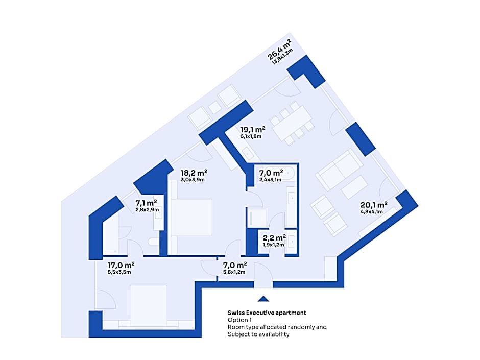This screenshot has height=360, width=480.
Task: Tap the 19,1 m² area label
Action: pos(252,130)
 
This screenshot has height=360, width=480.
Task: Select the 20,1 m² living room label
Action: pos(373,205)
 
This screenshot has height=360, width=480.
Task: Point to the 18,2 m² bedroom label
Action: pos(194,173)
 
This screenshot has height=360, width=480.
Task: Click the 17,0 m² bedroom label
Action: pos(121,265)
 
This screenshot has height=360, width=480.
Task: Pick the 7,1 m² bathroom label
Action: pos(146,203)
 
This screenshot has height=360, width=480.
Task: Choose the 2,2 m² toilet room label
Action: pos(274,238)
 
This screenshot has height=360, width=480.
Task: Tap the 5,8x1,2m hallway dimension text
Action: pos(234,272)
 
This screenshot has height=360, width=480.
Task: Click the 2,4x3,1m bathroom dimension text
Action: pos(270,180)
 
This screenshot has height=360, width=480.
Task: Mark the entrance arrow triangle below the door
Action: pos(263,299)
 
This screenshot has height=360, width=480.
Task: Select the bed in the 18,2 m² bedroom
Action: pos(191,217)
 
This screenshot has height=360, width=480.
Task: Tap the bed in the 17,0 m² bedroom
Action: pos(149,305)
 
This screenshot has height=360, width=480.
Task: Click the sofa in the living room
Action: pos(339,170)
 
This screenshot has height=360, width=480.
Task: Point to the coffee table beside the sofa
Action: pos(354,187)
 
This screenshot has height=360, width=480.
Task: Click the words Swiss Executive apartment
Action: pos(267,313)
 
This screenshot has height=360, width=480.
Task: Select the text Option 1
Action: pos(239,320)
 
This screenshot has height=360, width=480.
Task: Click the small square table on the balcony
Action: pos(214,107)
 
